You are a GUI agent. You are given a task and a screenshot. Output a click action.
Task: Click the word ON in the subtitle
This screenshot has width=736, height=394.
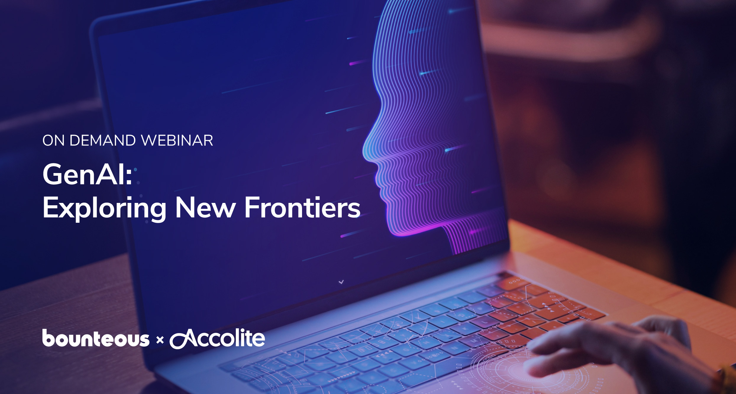pos(54,141)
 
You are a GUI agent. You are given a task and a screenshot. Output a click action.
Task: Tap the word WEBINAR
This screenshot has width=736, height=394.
pos(177,141)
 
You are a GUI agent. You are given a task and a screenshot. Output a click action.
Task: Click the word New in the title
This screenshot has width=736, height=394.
pos(206,208)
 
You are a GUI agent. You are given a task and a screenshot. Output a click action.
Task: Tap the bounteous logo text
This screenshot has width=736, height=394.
pos(96,338)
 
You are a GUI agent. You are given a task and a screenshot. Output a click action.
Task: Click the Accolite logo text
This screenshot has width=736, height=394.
pos(217,338)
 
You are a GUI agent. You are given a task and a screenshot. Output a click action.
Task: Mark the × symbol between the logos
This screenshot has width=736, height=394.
pos(160,340)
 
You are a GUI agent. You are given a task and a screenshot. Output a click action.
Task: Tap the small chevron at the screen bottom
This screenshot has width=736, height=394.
pos(341,282)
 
